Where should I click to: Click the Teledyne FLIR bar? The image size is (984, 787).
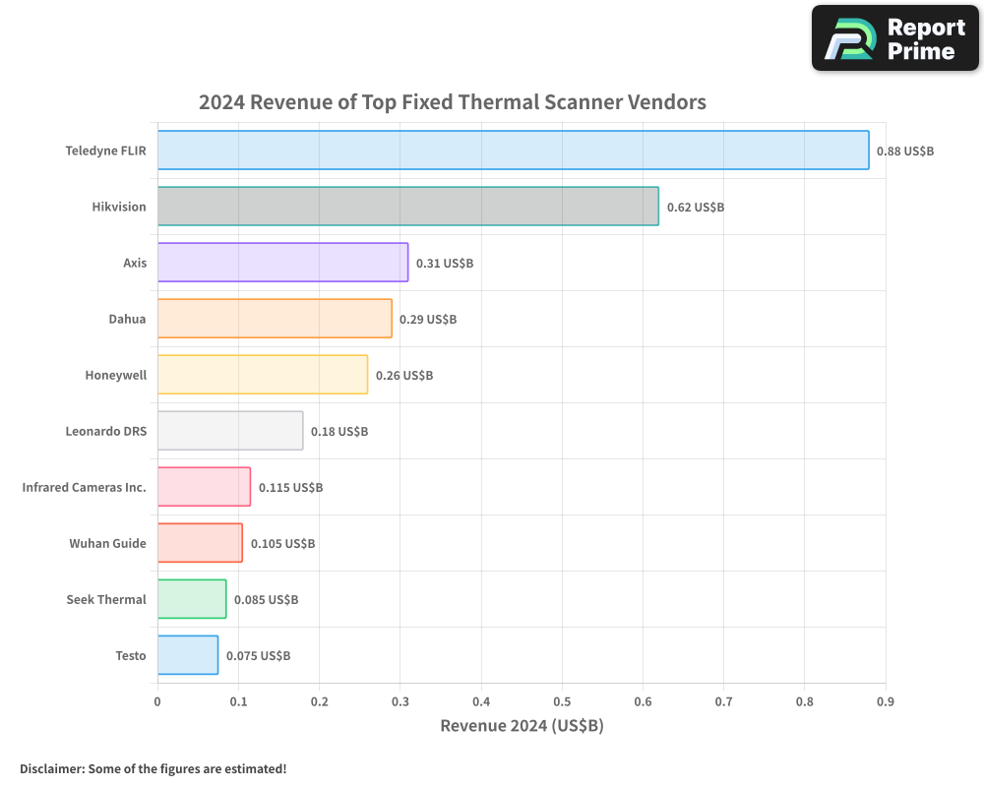(513, 151)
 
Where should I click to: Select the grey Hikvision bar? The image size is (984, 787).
(407, 207)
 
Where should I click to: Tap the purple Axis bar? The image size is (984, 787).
(282, 263)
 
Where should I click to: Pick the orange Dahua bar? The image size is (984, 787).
(275, 319)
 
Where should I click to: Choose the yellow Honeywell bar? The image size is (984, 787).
(263, 375)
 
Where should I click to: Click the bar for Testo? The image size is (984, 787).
(188, 655)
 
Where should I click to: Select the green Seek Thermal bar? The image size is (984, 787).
(192, 599)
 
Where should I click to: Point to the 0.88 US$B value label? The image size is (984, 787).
(904, 151)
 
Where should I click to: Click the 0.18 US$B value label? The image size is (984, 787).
(339, 432)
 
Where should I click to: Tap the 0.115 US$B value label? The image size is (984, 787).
(290, 488)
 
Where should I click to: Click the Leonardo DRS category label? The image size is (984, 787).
(105, 431)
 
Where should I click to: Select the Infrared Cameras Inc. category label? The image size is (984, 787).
(84, 487)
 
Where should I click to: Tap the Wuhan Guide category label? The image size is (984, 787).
(107, 543)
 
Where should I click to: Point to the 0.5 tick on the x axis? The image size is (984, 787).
(562, 701)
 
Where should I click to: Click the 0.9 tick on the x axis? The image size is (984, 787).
(885, 701)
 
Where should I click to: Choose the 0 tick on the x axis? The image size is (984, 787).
(157, 701)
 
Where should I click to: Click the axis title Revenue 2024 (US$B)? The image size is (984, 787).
(522, 726)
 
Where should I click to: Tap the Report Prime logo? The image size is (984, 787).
(894, 38)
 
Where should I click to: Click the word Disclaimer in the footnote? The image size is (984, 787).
(50, 769)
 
